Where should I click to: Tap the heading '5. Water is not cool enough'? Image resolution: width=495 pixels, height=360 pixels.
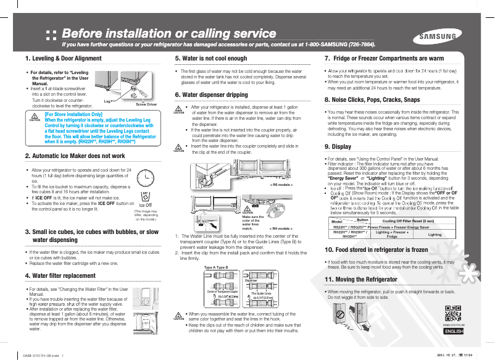tap(211, 59)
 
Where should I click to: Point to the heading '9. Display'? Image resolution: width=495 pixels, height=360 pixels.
tap(338, 146)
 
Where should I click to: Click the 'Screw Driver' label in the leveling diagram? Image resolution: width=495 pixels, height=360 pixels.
tap(146, 105)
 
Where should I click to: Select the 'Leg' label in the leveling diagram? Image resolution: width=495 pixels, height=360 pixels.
tap(107, 99)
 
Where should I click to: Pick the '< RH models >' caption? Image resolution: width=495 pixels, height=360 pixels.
tap(280, 228)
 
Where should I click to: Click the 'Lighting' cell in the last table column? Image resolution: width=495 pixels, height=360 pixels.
tap(435, 235)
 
